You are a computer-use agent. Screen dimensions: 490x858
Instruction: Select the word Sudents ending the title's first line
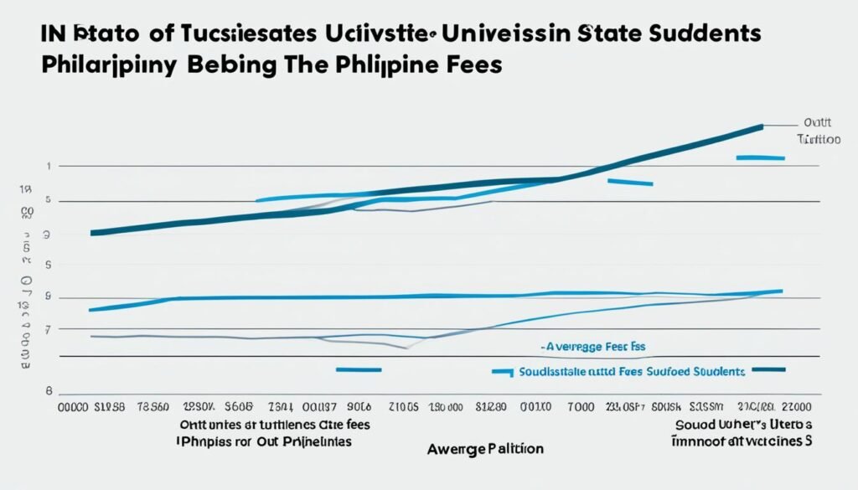[x=705, y=34]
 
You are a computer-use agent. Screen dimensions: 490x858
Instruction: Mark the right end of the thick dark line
[x=762, y=126]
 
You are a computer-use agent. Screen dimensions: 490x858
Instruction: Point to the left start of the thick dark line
[x=91, y=233]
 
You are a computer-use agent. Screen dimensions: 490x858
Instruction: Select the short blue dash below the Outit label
[x=759, y=157]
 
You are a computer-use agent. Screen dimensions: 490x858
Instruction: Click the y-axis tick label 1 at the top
[x=49, y=167]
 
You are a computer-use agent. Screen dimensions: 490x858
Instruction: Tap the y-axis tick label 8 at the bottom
[x=49, y=390]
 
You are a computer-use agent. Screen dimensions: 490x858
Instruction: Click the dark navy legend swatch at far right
[x=768, y=369]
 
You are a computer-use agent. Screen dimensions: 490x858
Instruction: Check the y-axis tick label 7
[x=49, y=330]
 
